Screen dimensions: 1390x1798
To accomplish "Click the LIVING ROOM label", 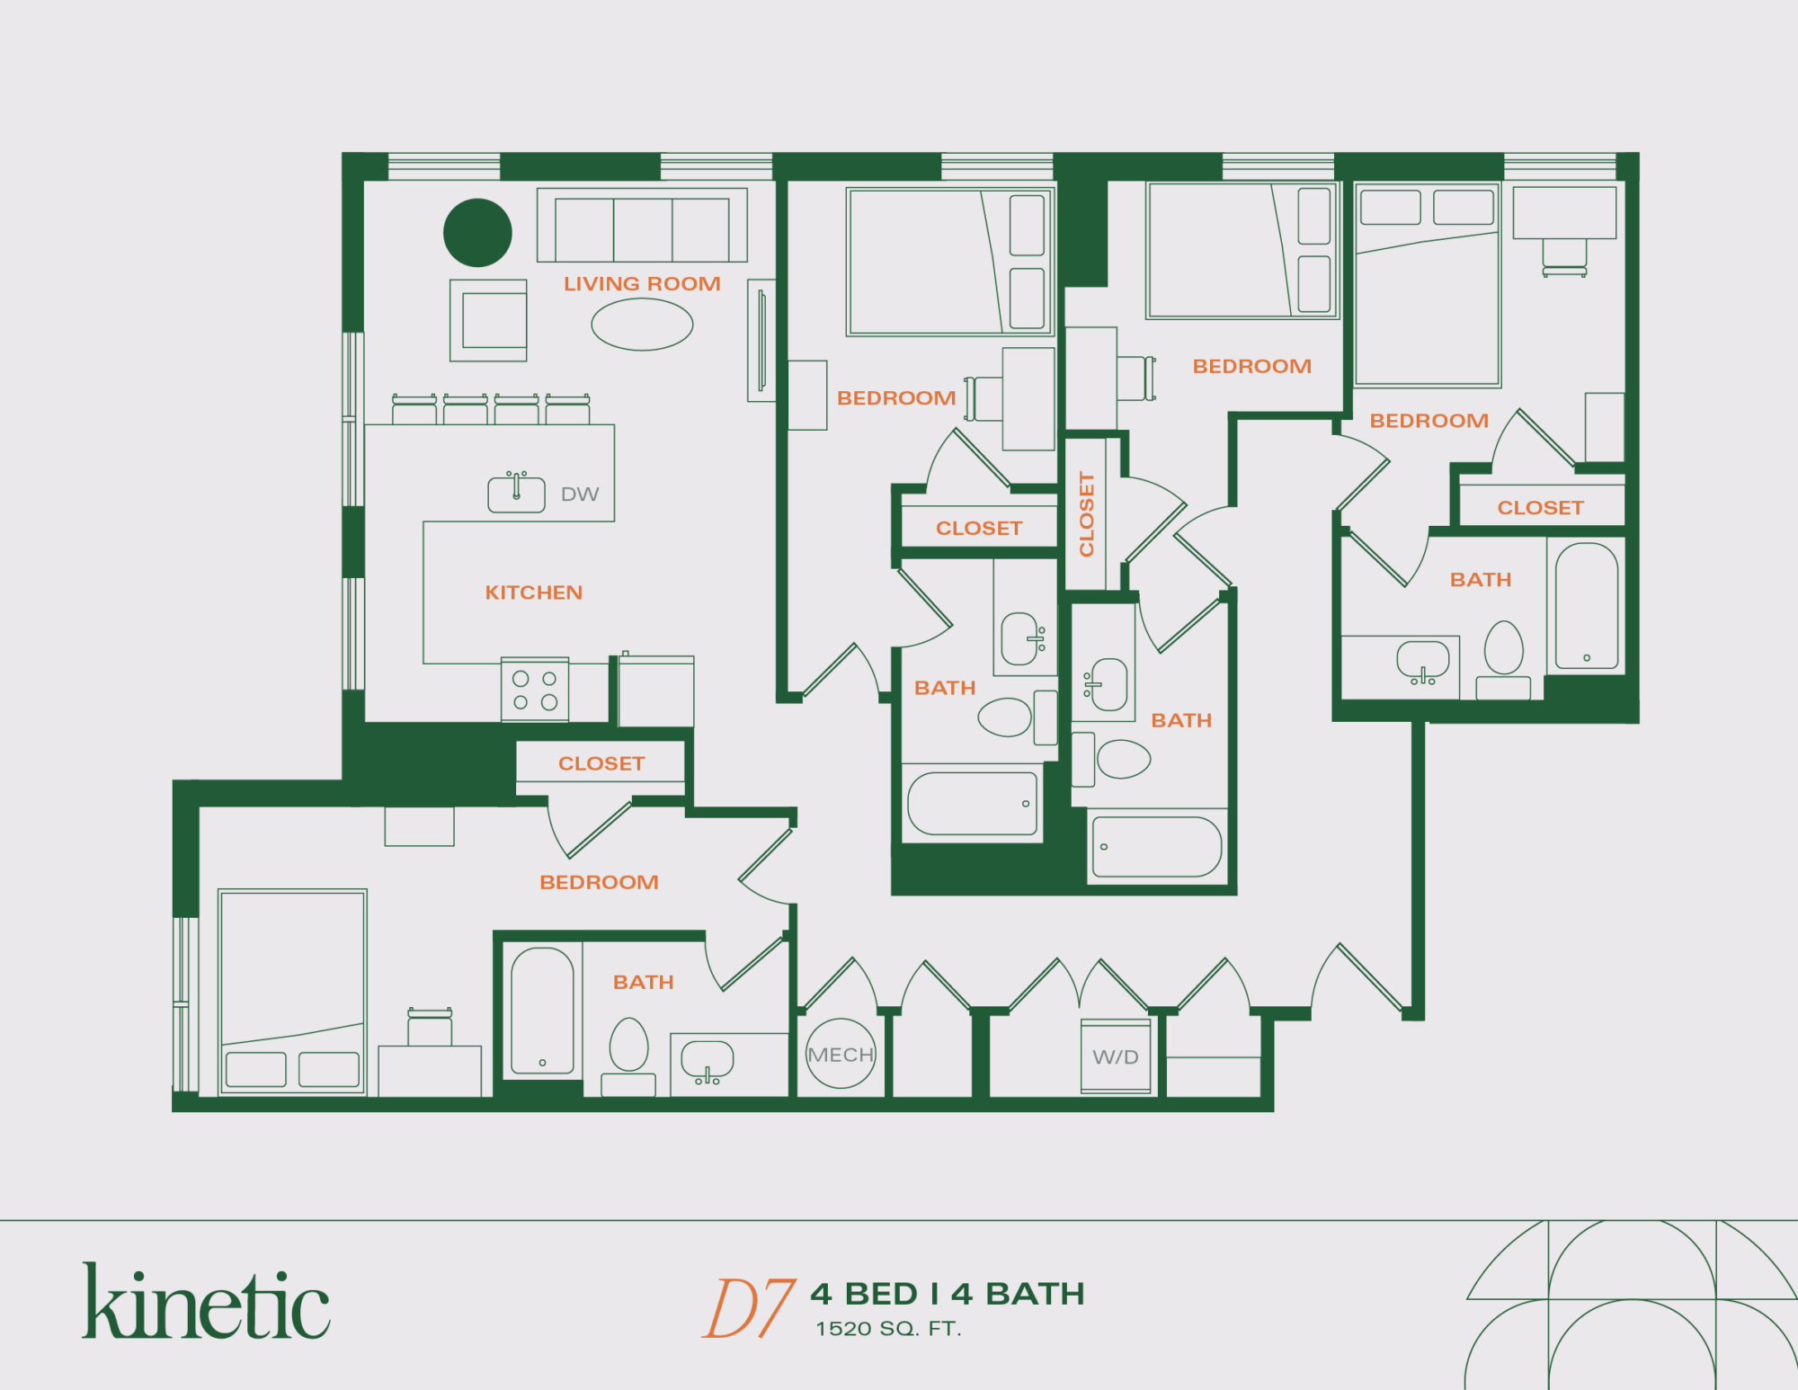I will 642,284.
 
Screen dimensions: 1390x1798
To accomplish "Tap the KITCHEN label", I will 534,593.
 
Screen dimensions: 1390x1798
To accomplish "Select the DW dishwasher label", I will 580,495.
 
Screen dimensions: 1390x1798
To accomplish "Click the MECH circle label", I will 841,1055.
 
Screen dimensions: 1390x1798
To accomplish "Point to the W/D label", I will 1116,1057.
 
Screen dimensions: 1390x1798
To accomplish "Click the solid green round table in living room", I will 477,233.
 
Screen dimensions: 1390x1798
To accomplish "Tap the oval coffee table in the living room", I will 642,325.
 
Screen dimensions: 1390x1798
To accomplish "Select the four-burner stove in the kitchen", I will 535,690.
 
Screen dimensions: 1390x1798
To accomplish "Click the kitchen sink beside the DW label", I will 516,494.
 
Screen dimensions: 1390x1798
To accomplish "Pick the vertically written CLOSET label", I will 1087,514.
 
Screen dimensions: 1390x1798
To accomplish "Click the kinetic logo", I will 206,1302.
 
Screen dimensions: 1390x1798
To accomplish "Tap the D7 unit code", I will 748,1308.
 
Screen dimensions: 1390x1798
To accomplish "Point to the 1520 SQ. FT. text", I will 888,1329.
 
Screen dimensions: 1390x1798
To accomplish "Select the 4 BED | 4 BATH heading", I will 948,1294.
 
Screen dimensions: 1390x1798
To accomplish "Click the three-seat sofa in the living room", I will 642,226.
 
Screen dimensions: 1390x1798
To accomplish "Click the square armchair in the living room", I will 488,320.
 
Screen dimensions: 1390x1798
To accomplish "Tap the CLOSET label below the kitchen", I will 601,763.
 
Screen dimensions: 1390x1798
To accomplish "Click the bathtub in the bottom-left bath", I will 542,1011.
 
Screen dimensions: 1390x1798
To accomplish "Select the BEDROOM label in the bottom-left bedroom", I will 599,882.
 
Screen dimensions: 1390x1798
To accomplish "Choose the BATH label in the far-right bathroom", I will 1481,580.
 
